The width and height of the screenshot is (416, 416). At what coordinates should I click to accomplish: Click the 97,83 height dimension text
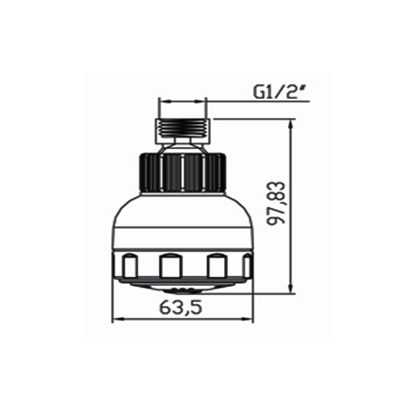click(x=276, y=203)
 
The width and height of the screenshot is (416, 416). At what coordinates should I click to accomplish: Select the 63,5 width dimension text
click(x=180, y=308)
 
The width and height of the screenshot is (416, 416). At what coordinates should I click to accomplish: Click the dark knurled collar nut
click(x=183, y=172)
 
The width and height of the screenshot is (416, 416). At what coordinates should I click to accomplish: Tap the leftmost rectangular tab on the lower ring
click(x=129, y=265)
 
